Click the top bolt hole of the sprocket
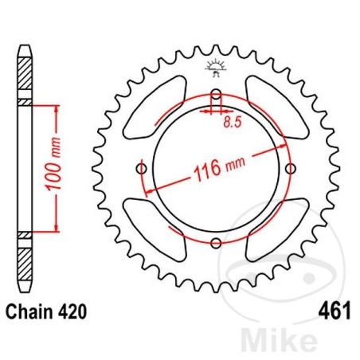216,96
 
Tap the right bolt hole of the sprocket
290,168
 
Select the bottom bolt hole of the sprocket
216,243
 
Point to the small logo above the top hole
216,68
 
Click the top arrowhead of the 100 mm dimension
54,109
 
